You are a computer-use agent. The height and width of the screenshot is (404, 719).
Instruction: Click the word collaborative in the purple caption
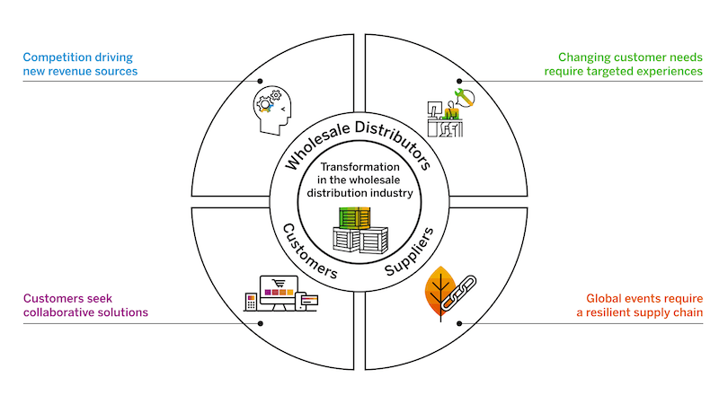point(60,312)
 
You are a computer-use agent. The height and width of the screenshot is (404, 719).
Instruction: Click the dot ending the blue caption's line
point(261,81)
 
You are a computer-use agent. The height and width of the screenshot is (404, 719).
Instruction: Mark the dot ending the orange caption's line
point(458,323)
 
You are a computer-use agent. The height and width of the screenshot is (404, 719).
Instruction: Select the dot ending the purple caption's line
point(261,323)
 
